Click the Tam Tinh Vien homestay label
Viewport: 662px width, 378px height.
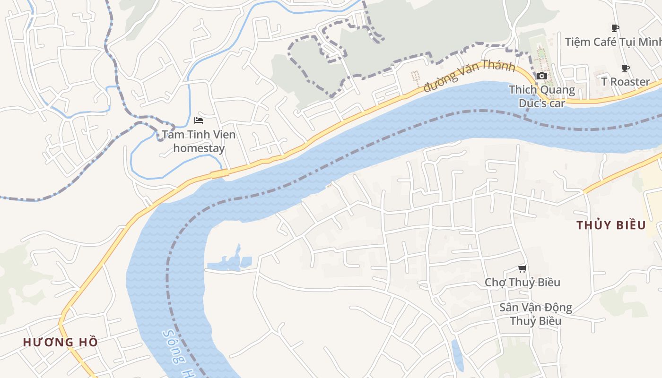point(199,141)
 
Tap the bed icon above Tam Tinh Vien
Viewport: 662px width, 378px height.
point(199,120)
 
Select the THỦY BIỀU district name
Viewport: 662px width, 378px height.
point(611,225)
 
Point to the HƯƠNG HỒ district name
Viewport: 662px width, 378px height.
point(61,342)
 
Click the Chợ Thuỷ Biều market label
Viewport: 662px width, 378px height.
point(523,282)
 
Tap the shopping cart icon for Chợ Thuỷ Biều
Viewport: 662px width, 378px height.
point(522,269)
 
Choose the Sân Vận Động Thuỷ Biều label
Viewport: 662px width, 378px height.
point(536,314)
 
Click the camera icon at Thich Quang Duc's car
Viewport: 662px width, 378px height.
point(542,76)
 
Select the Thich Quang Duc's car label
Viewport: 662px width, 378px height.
point(542,96)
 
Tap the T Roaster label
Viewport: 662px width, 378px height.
point(626,82)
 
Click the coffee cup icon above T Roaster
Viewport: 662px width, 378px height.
point(626,69)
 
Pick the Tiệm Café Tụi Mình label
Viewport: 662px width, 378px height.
point(613,42)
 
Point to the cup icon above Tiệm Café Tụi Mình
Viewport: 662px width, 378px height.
point(615,28)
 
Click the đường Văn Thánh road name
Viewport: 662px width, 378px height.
point(469,76)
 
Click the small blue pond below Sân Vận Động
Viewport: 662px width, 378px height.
point(457,355)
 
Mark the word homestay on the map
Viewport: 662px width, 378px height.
point(199,148)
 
